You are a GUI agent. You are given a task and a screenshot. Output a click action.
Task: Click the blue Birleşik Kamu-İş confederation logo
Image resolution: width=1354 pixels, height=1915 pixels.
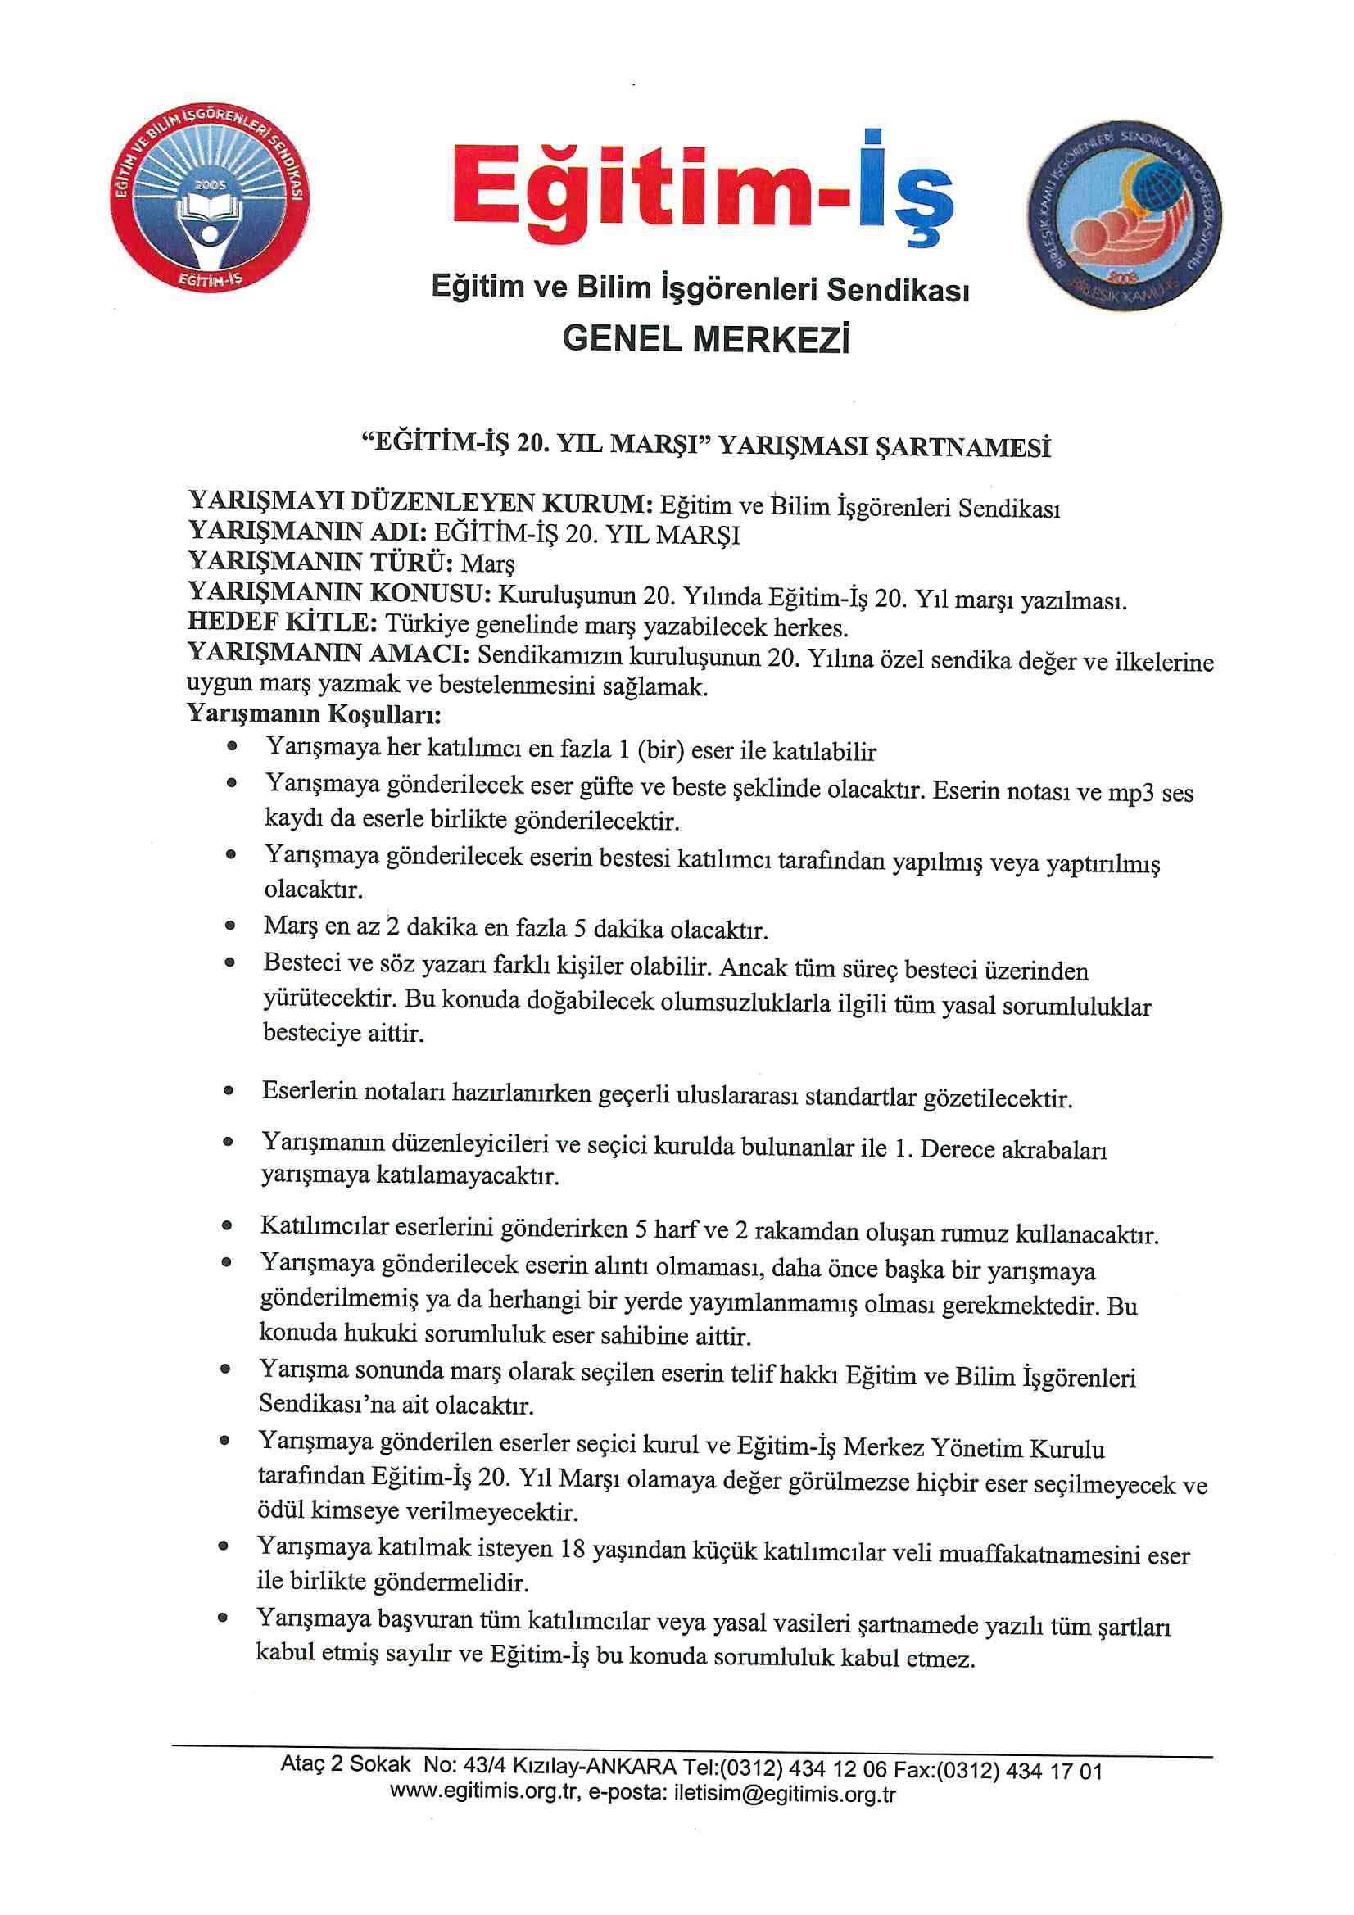tap(1123, 215)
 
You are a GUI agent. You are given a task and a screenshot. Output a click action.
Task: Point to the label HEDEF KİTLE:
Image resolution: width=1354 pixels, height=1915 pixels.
tap(282, 622)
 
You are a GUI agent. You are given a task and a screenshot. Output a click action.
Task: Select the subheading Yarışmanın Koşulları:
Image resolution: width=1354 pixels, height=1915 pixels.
tap(314, 714)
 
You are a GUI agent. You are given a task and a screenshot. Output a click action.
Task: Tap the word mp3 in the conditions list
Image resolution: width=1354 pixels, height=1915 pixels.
tap(1130, 791)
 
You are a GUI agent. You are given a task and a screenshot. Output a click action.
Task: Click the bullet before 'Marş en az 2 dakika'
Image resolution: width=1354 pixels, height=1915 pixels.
tap(230, 925)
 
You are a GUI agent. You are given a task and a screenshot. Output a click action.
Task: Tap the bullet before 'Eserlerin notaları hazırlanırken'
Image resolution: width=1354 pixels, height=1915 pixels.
tap(229, 1090)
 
